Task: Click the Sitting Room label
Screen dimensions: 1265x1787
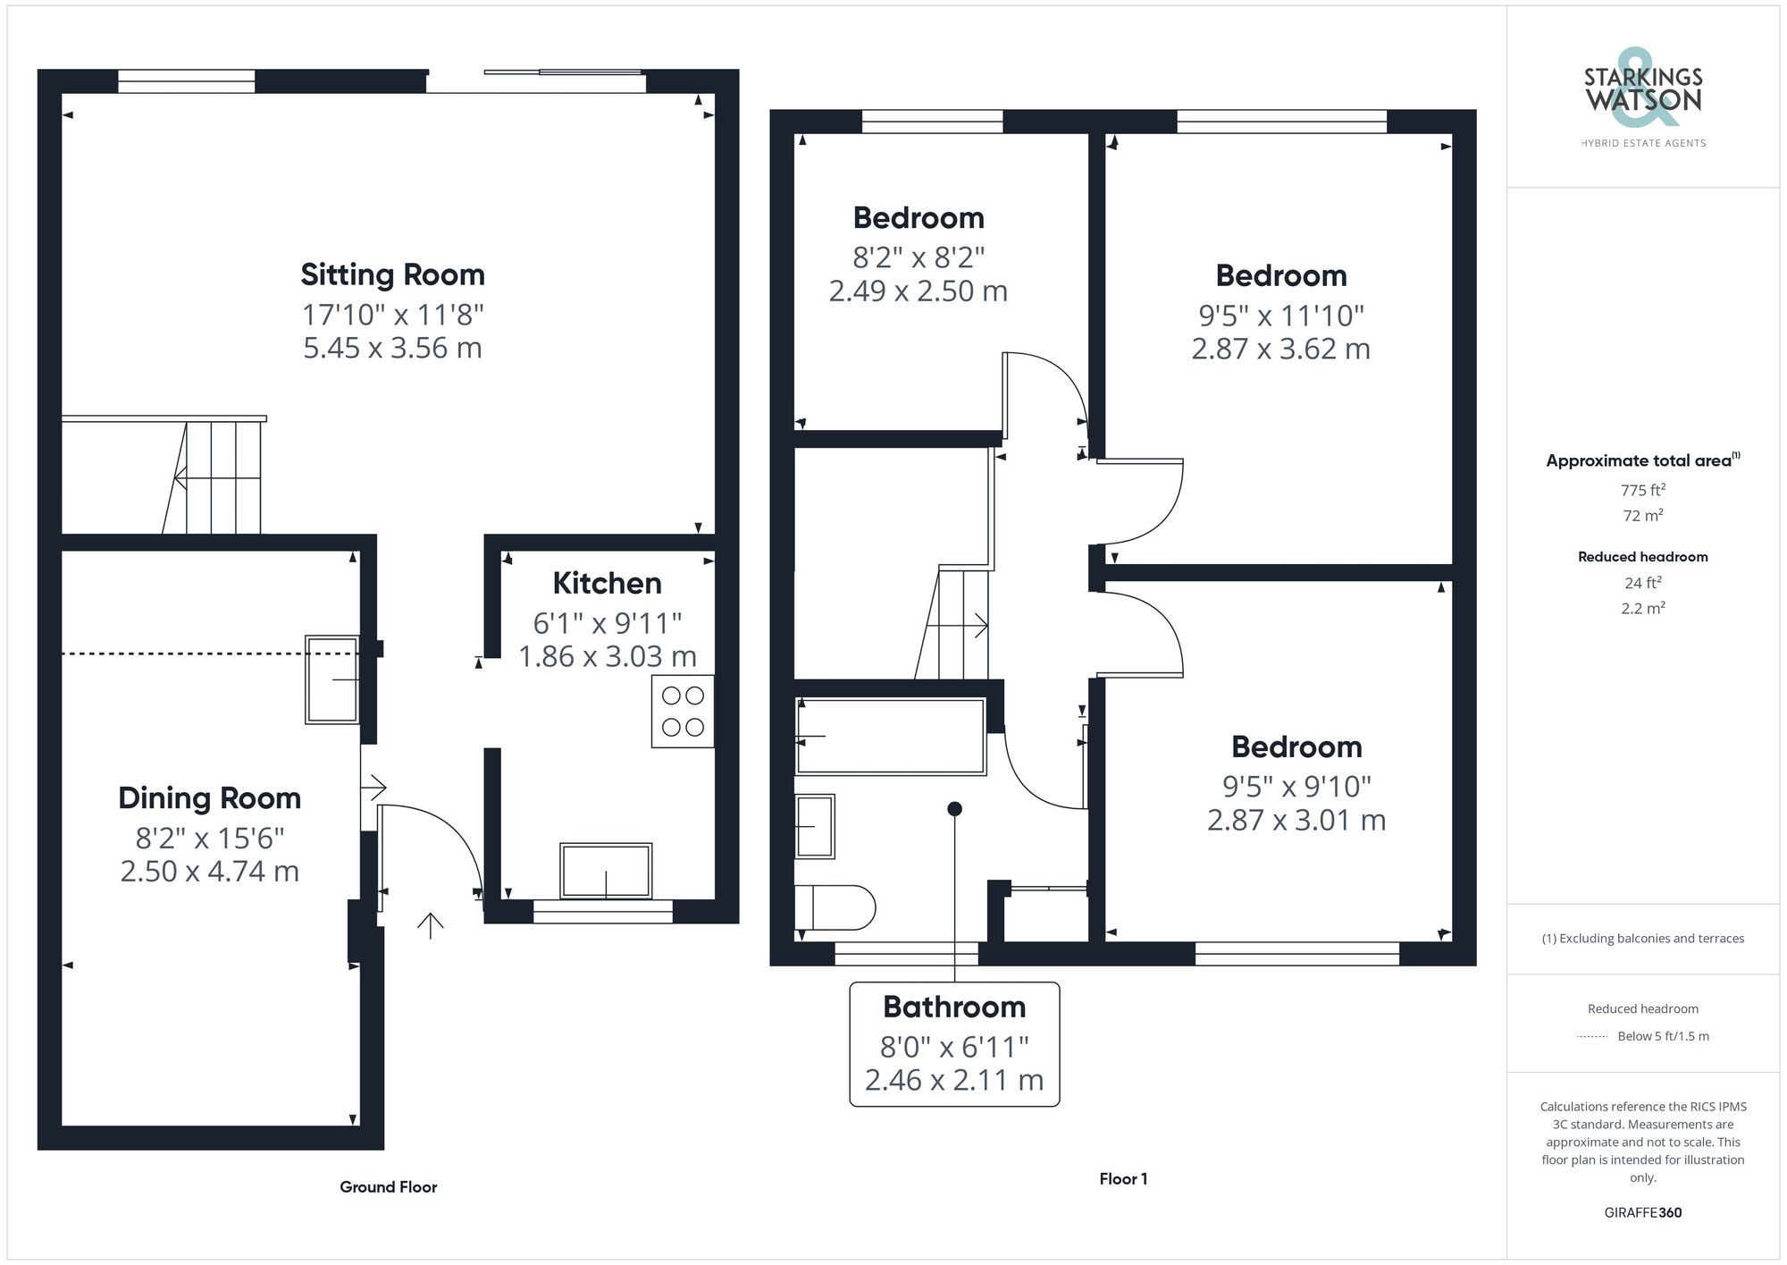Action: tap(392, 274)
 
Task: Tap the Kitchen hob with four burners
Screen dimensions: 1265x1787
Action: tap(683, 711)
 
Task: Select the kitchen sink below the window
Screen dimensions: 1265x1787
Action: tap(606, 870)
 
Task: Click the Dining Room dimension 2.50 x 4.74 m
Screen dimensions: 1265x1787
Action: tap(210, 871)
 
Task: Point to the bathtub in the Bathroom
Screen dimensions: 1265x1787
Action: tap(891, 736)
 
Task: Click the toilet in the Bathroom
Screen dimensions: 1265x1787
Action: tap(835, 908)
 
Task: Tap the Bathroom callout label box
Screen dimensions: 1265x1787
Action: tap(954, 1043)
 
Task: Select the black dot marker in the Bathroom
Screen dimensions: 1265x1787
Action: tap(954, 809)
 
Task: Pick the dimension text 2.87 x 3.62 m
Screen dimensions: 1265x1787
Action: tap(1280, 349)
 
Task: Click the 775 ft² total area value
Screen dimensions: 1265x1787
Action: tap(1642, 490)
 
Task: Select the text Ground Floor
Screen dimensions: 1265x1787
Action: tap(388, 1186)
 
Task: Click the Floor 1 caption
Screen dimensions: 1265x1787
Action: tap(1123, 1178)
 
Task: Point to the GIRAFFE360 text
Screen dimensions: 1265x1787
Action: tap(1642, 1212)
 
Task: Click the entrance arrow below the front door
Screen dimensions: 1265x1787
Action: tap(430, 925)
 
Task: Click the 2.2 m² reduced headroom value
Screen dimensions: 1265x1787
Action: tap(1642, 608)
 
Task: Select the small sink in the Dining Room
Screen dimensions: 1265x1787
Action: tap(332, 679)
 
